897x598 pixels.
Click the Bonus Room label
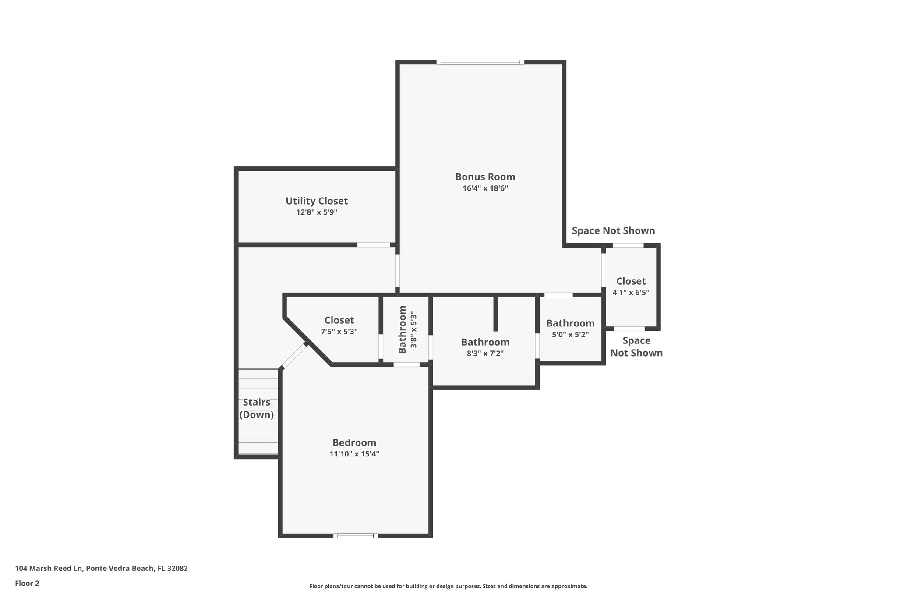(x=485, y=177)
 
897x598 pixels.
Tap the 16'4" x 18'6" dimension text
(x=485, y=189)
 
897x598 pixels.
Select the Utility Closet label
(x=317, y=201)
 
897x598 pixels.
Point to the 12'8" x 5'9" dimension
(x=317, y=212)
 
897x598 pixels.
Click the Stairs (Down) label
(x=257, y=408)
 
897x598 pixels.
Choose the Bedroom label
(x=354, y=442)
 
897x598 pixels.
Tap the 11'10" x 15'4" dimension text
(x=354, y=454)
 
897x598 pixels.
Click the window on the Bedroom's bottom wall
(x=355, y=535)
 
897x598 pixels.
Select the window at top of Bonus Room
(x=480, y=62)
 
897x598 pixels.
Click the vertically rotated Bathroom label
(x=403, y=329)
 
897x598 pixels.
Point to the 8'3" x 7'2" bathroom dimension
(x=485, y=354)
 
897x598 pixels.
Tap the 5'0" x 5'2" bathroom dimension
(x=570, y=335)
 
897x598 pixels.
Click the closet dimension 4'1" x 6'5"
(x=631, y=293)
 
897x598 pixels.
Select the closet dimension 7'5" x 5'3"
(x=339, y=332)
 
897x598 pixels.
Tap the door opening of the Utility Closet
(x=373, y=244)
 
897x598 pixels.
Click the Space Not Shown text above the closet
(x=613, y=231)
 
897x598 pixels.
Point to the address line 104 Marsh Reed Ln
(x=101, y=569)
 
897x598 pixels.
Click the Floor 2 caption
(x=27, y=583)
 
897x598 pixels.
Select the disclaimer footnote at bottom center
(x=448, y=586)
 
